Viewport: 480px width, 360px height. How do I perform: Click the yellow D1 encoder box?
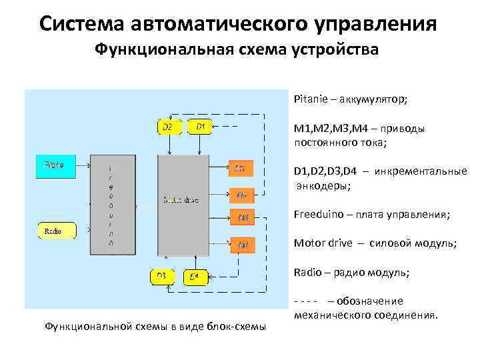tap(201, 126)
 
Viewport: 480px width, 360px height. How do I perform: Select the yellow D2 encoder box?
tap(167, 126)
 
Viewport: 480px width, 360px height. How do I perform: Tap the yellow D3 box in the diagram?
tap(161, 275)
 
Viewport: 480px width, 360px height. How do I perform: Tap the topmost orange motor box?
tap(241, 169)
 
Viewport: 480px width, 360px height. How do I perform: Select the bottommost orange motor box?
tap(242, 245)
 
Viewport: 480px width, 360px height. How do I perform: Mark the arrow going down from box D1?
tap(201, 145)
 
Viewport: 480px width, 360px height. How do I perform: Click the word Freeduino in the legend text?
tap(317, 215)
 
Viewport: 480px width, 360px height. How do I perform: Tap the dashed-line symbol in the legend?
tap(307, 301)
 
